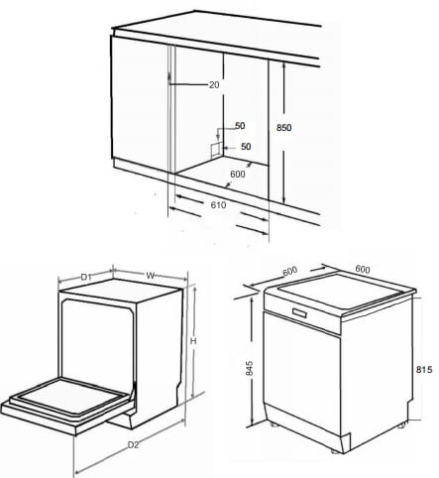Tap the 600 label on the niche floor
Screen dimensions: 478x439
coord(238,175)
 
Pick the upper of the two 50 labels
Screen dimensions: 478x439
coord(239,127)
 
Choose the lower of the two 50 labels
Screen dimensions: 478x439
coord(246,147)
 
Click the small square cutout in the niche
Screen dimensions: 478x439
coord(212,149)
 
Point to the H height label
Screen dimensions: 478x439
coord(194,341)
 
